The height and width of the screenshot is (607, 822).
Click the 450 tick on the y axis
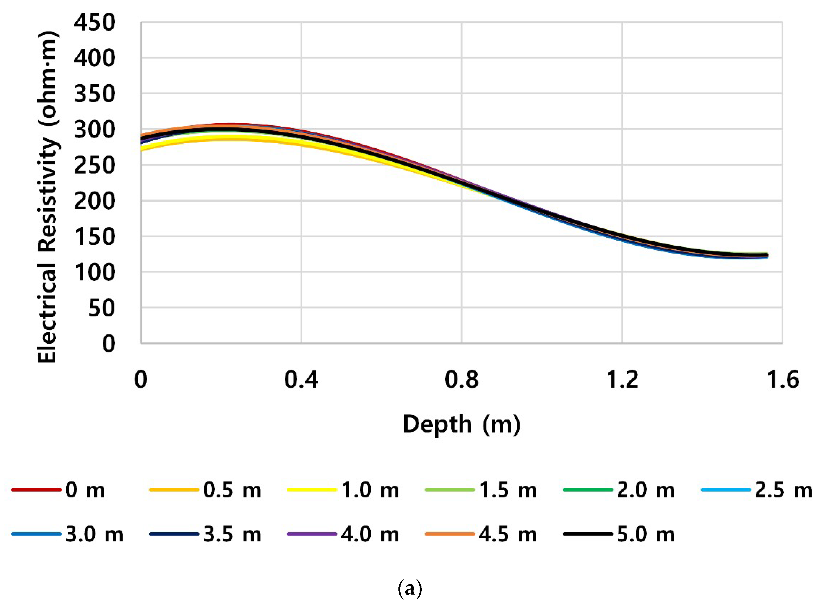point(94,23)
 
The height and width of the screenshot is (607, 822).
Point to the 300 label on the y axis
point(94,130)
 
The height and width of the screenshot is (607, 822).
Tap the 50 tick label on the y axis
point(102,308)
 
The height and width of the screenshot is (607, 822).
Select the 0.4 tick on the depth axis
point(301,380)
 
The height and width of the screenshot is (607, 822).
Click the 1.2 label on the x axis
point(622,380)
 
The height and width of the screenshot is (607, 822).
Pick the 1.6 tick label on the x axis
point(783,380)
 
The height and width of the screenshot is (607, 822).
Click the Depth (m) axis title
point(461,424)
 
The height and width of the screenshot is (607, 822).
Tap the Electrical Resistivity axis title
point(48,197)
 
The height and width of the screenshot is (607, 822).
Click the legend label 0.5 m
point(232,490)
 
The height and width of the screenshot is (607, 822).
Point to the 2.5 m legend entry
point(783,490)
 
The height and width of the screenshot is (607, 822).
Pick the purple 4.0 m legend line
point(312,534)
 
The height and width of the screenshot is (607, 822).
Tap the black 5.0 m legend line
point(587,534)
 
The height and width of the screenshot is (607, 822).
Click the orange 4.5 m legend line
point(449,534)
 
